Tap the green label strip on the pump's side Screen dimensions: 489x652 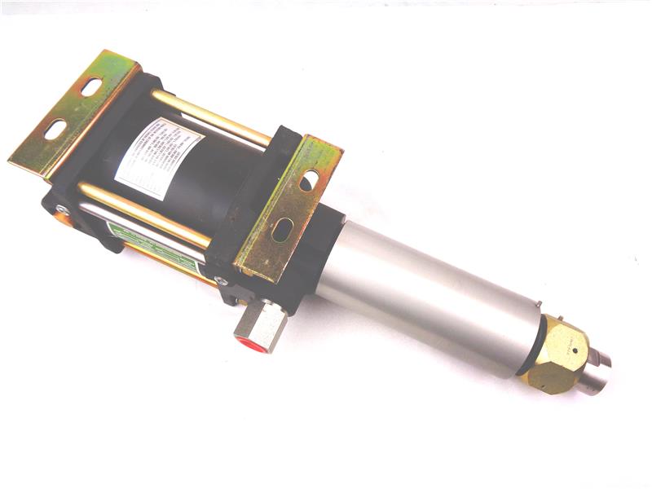tap(155, 244)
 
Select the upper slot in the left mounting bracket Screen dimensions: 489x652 tap(90, 86)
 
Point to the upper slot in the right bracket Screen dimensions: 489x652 tap(310, 180)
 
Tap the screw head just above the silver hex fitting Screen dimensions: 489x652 tap(218, 281)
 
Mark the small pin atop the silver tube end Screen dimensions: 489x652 tap(539, 306)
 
